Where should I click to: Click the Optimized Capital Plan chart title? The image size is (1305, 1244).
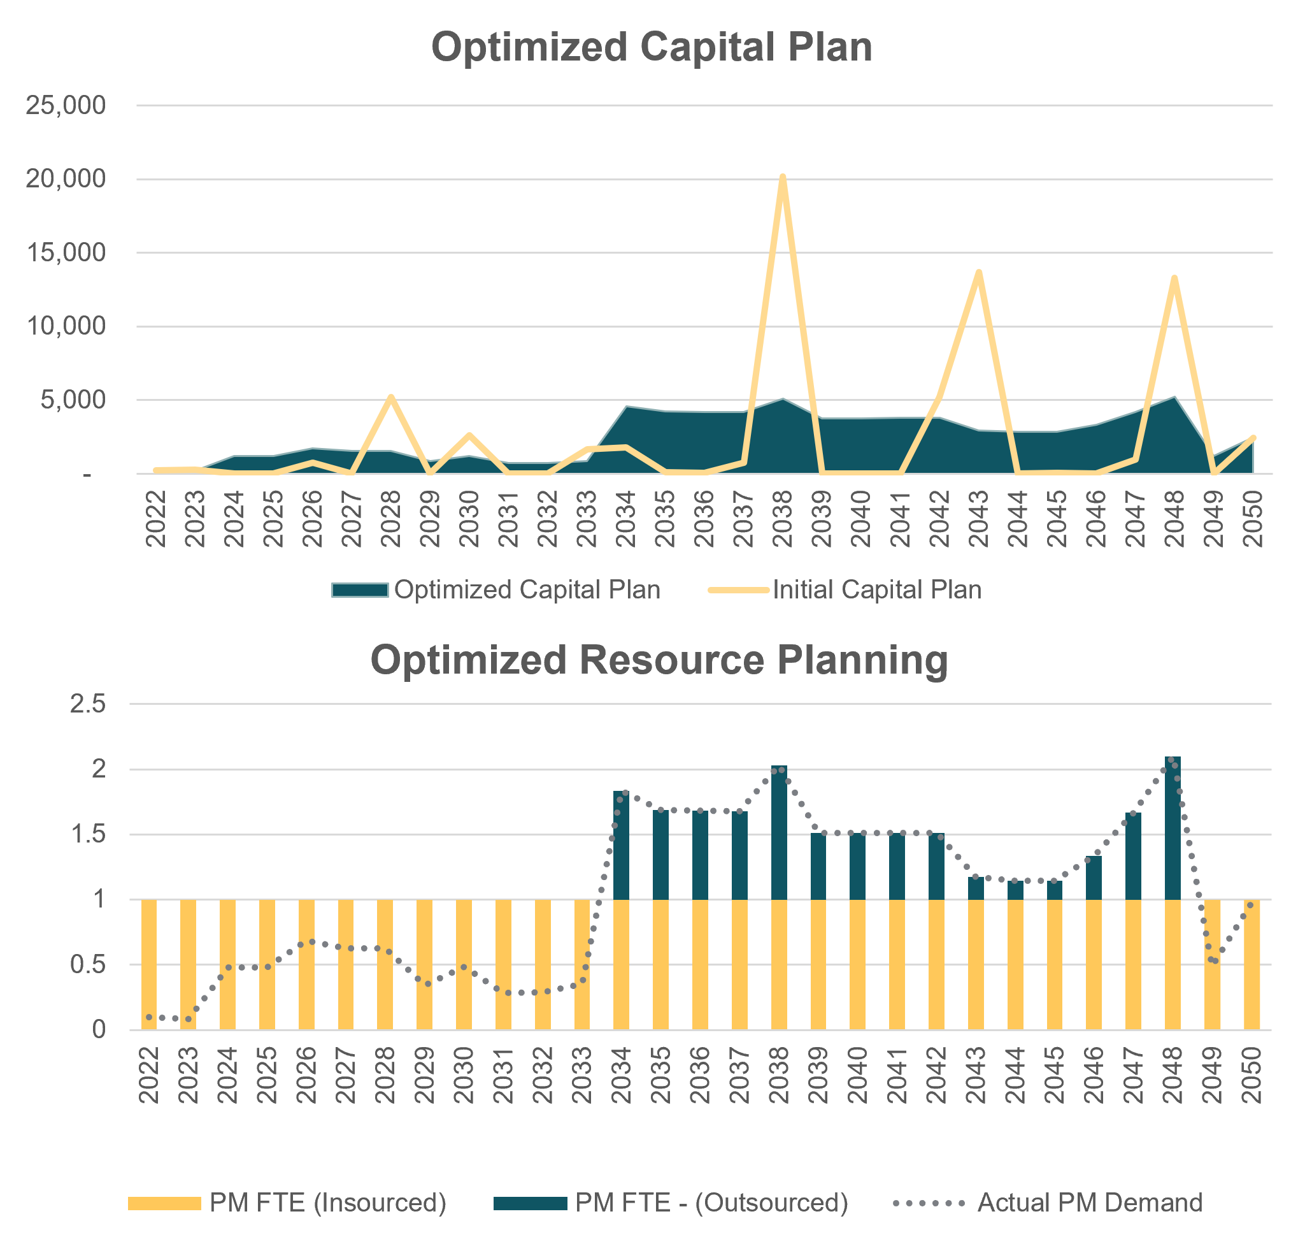coord(652,47)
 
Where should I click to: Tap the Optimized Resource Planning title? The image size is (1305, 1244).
coord(659,660)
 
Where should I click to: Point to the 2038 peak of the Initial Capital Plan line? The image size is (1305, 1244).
coord(783,178)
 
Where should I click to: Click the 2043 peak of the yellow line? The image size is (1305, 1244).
coord(978,273)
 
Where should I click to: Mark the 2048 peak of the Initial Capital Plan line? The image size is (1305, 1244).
coord(1174,278)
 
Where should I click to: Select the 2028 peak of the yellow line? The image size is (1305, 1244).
coord(391,396)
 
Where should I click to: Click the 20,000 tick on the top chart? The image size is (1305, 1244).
coord(66,179)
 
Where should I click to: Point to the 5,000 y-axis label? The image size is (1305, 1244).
coord(73,400)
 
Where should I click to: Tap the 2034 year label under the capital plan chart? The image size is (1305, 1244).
coord(625,519)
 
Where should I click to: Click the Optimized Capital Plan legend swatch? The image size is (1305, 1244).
coord(360,589)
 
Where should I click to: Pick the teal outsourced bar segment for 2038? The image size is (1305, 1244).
coord(779,833)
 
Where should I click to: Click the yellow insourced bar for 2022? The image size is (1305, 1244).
coord(149,965)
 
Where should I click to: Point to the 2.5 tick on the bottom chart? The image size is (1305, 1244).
coord(88,704)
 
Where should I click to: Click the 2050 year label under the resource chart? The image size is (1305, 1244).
coord(1252,1075)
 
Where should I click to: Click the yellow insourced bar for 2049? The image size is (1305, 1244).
coord(1211,965)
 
